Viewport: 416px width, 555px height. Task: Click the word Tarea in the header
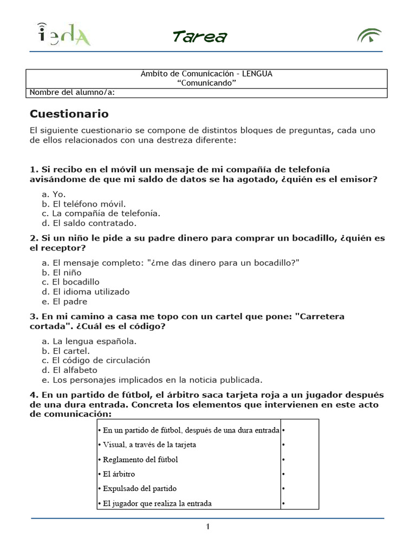tap(199, 36)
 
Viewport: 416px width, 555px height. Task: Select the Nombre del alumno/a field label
tap(72, 92)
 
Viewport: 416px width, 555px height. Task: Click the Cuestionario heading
tap(69, 114)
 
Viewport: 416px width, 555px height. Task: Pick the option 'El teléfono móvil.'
tap(83, 203)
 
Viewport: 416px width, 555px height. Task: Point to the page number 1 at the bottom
tap(207, 527)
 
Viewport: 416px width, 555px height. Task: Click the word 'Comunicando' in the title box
tap(207, 82)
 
